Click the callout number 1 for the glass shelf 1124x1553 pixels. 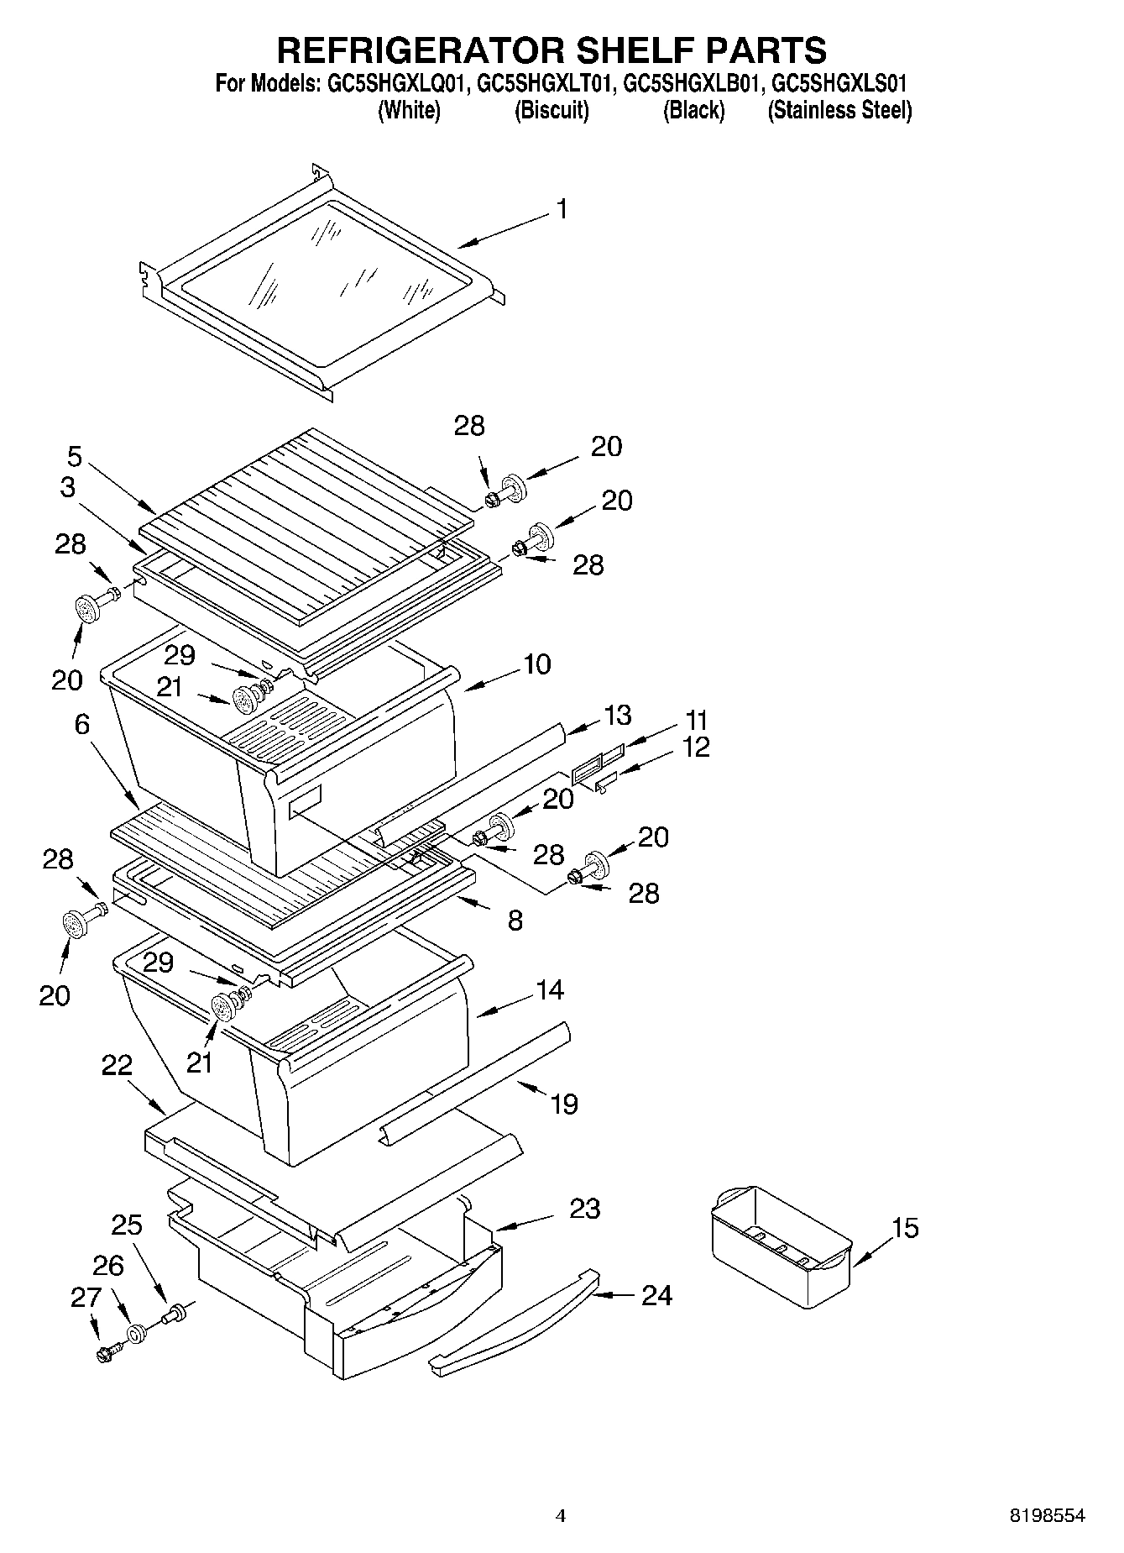click(x=562, y=209)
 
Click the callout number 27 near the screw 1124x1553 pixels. click(x=86, y=1298)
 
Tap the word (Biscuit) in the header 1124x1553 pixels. click(x=552, y=110)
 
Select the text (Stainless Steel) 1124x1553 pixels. click(x=839, y=110)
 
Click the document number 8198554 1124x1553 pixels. click(x=1047, y=1515)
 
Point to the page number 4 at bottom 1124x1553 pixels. click(x=561, y=1516)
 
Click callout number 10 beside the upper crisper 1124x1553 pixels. click(x=536, y=664)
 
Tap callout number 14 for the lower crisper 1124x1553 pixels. click(x=549, y=989)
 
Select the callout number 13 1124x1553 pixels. click(x=617, y=716)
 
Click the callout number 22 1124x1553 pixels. click(x=117, y=1066)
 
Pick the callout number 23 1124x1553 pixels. click(x=584, y=1209)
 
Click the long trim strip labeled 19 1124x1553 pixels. click(x=474, y=1080)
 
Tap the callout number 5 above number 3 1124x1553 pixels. click(x=75, y=457)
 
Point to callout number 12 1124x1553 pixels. click(x=696, y=747)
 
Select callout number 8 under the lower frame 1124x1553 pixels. click(x=515, y=921)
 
